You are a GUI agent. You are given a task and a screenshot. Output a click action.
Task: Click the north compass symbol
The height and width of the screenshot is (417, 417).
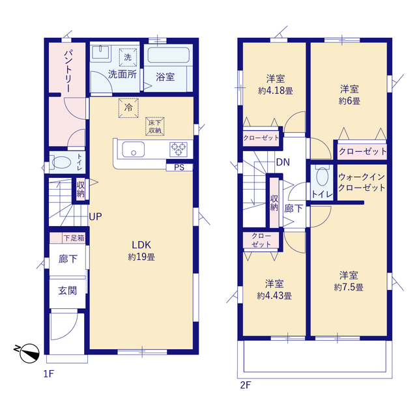pyautogui.click(x=27, y=353)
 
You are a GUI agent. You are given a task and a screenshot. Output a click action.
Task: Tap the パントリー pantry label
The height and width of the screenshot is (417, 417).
pyautogui.click(x=68, y=71)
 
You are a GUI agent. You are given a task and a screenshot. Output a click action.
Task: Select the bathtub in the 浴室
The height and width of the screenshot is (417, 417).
pyautogui.click(x=169, y=55)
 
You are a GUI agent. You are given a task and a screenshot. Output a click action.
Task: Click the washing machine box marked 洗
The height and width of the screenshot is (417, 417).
pyautogui.click(x=128, y=57)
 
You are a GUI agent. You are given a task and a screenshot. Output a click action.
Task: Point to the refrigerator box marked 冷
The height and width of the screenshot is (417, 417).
pyautogui.click(x=128, y=108)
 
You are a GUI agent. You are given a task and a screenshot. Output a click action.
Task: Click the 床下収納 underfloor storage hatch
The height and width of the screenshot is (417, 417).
pyautogui.click(x=155, y=126)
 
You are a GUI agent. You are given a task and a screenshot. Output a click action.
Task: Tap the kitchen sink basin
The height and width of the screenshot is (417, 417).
pyautogui.click(x=133, y=149)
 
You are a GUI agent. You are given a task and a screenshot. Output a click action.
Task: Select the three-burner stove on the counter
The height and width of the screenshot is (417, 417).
pyautogui.click(x=178, y=149)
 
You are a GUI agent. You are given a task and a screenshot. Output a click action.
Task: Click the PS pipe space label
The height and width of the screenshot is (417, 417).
pyautogui.click(x=179, y=167)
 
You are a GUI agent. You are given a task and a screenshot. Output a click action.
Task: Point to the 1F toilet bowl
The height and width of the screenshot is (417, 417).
pyautogui.click(x=61, y=162)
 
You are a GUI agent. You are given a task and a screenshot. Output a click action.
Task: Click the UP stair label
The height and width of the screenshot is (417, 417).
pyautogui.click(x=95, y=217)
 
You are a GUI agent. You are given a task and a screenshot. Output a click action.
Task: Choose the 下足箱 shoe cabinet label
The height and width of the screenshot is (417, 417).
pyautogui.click(x=74, y=238)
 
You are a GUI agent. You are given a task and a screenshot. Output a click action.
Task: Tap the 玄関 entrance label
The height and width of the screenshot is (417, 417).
pyautogui.click(x=68, y=291)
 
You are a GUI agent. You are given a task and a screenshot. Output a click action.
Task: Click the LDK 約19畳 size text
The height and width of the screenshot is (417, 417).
pyautogui.click(x=141, y=257)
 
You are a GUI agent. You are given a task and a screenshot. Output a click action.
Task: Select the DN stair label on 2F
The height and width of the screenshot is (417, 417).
pyautogui.click(x=283, y=162)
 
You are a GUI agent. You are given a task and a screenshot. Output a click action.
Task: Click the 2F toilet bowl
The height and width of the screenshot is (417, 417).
pyautogui.click(x=323, y=177)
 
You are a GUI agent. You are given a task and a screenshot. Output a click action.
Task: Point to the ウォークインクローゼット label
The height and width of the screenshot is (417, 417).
pyautogui.click(x=362, y=182)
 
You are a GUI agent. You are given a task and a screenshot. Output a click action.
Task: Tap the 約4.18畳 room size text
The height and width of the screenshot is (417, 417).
pyautogui.click(x=276, y=91)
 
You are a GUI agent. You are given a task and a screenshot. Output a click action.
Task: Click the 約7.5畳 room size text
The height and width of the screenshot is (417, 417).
pyautogui.click(x=349, y=287)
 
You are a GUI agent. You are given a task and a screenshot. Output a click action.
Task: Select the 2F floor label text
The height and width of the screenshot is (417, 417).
pyautogui.click(x=246, y=385)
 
